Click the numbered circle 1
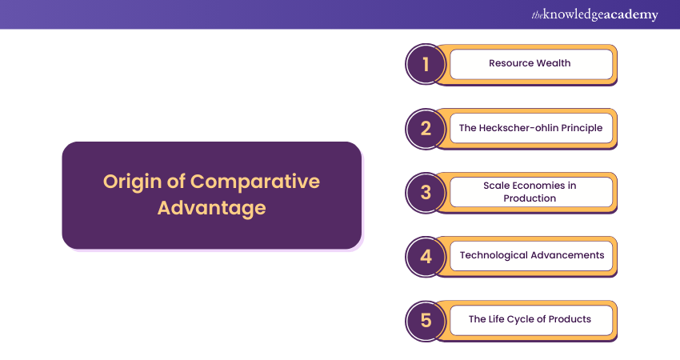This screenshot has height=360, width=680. coord(426,64)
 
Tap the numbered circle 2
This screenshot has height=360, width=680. coord(426,128)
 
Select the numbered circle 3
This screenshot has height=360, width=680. coord(426,193)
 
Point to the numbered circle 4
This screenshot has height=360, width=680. coord(426,257)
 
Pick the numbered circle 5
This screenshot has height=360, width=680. coord(426,321)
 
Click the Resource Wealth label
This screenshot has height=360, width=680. coord(530,63)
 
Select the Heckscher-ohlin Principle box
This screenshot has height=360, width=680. coord(531,128)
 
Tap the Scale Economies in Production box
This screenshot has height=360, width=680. coord(531,192)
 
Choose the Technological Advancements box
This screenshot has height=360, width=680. coord(531,256)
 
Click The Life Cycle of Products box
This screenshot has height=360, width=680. coord(531,320)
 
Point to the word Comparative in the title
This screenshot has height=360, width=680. coord(255,182)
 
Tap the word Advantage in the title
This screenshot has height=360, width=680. coord(212,208)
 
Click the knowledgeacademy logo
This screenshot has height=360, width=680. coord(594,14)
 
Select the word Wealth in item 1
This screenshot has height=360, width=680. coord(553,63)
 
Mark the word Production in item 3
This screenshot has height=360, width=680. coord(530,198)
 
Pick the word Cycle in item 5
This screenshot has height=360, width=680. coord(521,320)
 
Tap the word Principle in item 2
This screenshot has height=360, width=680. coord(582,128)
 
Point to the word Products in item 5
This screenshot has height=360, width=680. coord(570,319)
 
